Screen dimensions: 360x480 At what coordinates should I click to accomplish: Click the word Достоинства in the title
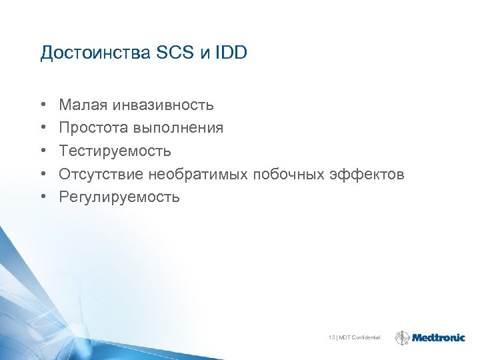[89, 53]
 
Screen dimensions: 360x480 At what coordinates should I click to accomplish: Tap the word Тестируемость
[115, 151]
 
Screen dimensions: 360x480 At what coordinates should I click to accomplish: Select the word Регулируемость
[119, 197]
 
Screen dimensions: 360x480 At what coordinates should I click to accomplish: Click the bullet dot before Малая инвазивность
[43, 105]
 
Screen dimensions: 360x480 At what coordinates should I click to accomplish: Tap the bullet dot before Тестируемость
[43, 151]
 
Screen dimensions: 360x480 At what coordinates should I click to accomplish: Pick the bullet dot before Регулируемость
[43, 197]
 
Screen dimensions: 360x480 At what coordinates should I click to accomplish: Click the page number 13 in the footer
[331, 338]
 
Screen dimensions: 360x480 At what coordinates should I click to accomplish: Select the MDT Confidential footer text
[360, 338]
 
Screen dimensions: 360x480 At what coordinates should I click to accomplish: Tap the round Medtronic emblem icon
[403, 338]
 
